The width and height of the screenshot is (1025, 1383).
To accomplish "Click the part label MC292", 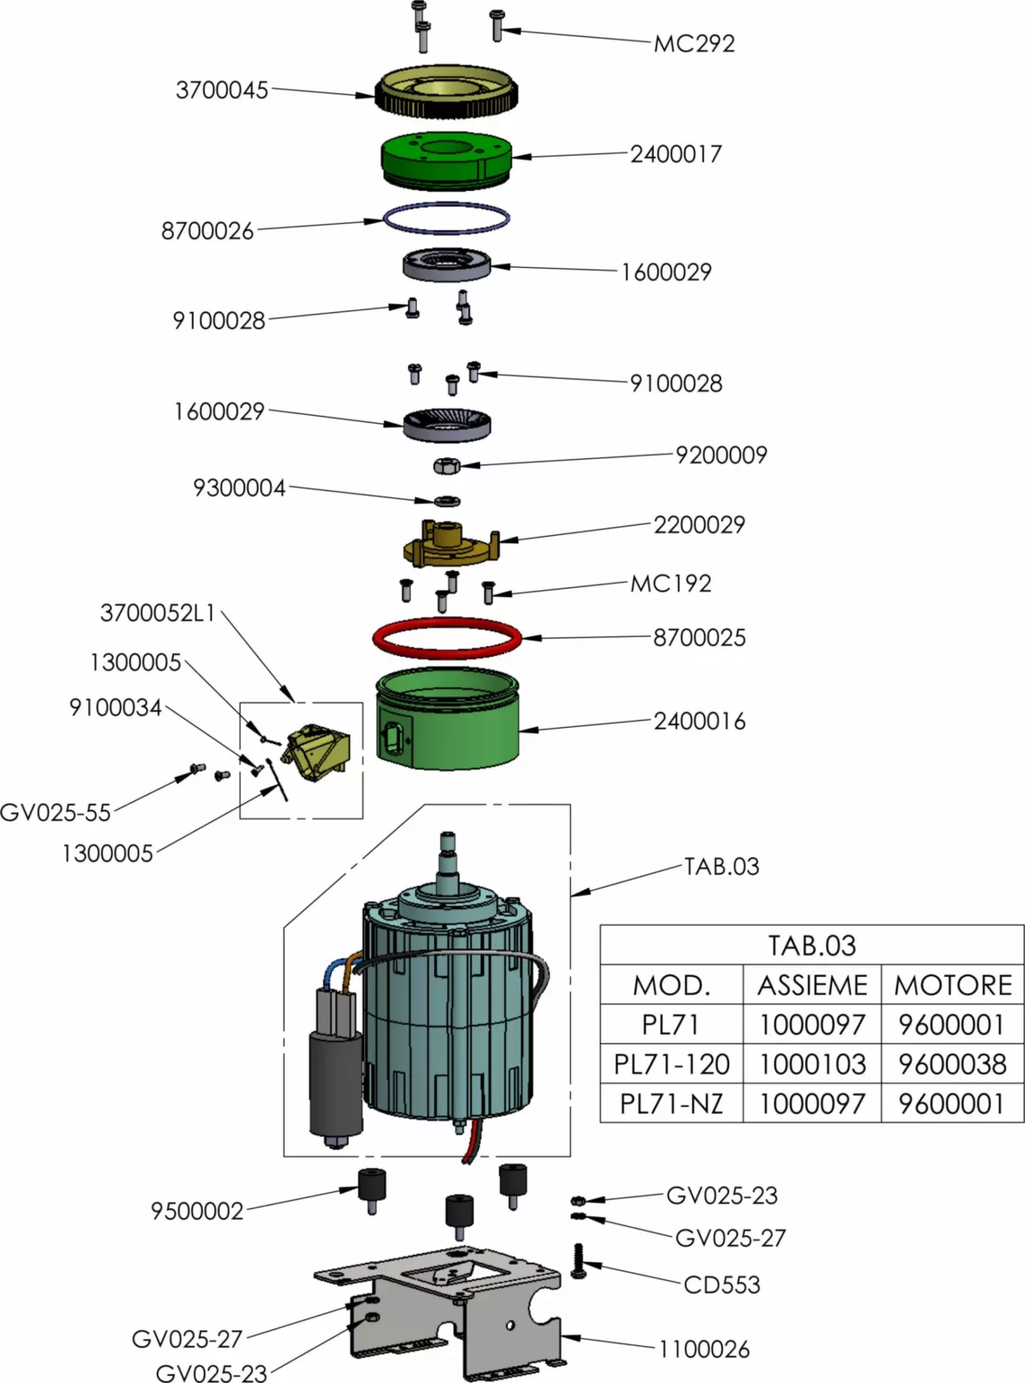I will tap(694, 43).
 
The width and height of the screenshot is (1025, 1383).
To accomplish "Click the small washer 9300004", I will tap(446, 500).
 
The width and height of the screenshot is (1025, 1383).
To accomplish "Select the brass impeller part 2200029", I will tap(451, 545).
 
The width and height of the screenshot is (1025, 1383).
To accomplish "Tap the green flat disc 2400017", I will tap(447, 161).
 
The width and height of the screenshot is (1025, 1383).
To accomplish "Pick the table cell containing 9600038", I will tap(951, 1064).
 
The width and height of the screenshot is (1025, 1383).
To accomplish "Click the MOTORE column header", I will tap(951, 985).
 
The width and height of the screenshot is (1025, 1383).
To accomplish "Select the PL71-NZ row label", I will tap(671, 1104).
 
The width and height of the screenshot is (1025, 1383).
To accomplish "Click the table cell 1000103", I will tap(811, 1064).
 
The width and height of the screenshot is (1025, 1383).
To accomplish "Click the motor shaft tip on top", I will tap(448, 838).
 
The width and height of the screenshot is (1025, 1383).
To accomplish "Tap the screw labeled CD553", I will tap(579, 1262).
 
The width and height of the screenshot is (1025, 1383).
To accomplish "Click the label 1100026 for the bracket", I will tap(703, 1349).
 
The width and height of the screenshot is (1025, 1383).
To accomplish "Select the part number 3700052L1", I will tap(157, 614).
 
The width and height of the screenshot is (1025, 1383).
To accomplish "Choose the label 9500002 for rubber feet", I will tap(197, 1211).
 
